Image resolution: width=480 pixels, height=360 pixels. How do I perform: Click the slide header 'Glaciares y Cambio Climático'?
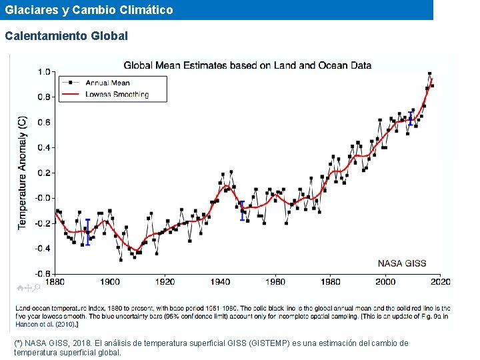coord(89,10)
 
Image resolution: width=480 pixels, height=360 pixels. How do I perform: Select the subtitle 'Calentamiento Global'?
coord(66,36)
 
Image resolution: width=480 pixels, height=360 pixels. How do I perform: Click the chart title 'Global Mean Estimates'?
coord(247,65)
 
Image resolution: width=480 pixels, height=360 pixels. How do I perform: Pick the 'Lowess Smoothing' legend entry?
coord(117,95)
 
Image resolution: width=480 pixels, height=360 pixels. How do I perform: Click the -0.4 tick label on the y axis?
coord(43,248)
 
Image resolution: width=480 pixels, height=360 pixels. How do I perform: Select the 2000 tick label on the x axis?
coord(385,282)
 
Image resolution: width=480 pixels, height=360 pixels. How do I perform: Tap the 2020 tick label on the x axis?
coord(440,282)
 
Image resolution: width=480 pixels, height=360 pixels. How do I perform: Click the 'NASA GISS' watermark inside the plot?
coord(402,263)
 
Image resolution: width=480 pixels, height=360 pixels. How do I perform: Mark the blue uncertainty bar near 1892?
coord(87,231)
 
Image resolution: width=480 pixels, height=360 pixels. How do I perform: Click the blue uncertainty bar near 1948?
coord(242,211)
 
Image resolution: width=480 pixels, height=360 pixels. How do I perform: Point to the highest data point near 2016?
coord(430,73)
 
